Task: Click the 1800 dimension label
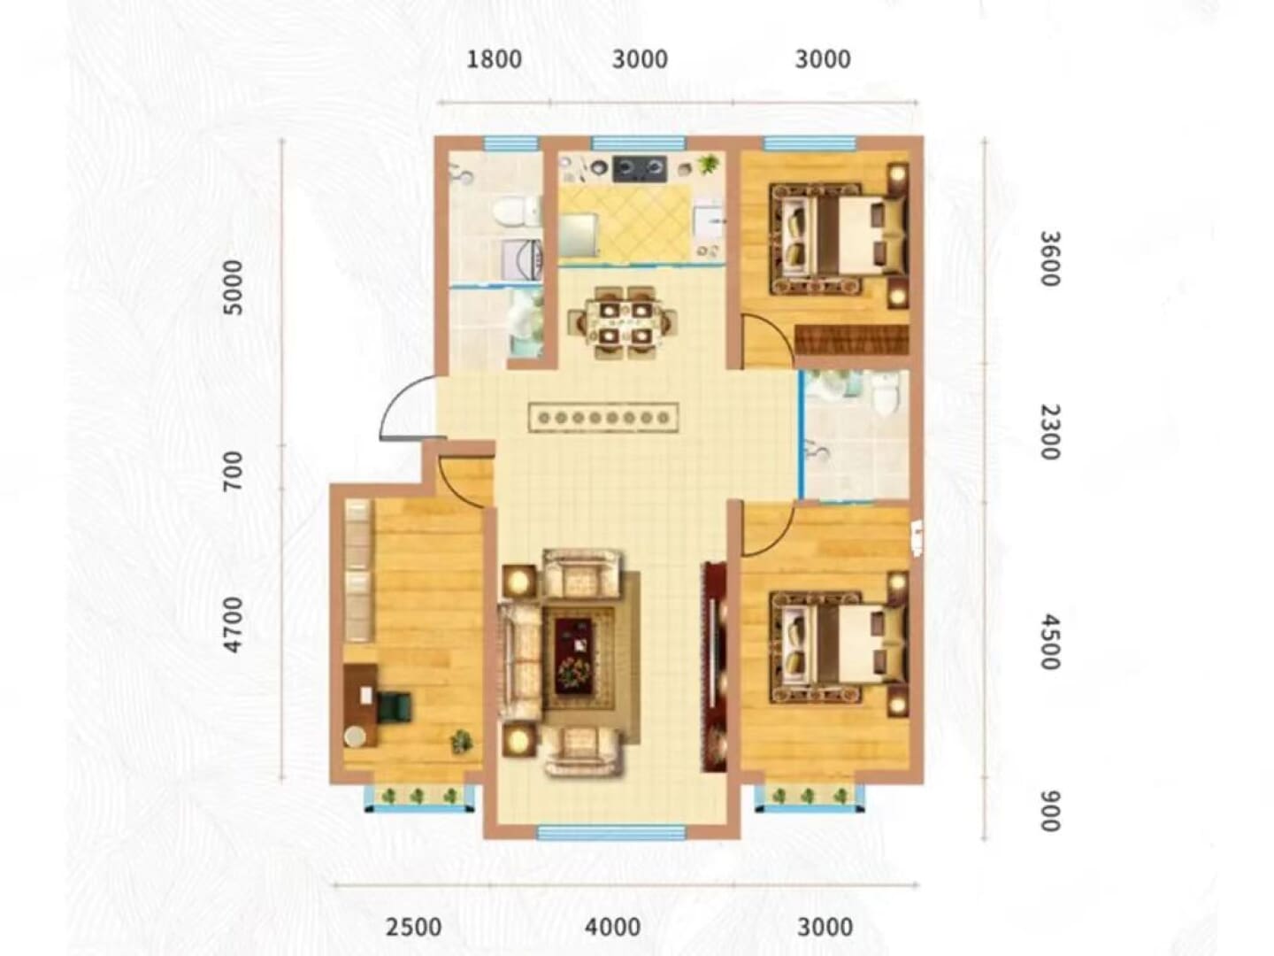[494, 59]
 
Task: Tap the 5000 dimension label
[234, 288]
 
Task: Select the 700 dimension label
[234, 470]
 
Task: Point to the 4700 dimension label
[234, 625]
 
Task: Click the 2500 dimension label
[414, 927]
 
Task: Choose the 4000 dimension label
[613, 927]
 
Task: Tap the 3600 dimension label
[1050, 258]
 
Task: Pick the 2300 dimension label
[1050, 433]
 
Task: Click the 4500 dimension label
[1050, 644]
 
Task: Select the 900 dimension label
[1050, 811]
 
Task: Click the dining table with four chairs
[623, 321]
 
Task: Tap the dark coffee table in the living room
[574, 655]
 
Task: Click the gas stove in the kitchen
[639, 168]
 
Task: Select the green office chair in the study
[395, 706]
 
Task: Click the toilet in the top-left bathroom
[516, 212]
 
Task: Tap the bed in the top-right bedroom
[838, 239]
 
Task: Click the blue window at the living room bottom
[611, 833]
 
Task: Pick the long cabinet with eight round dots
[603, 417]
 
